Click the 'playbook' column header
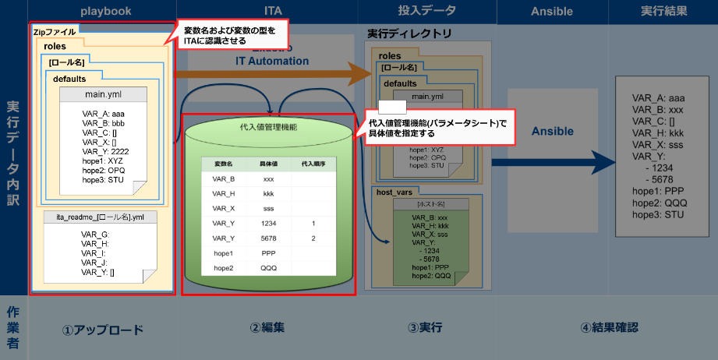[105, 12]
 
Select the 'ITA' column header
[273, 12]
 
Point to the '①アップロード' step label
[103, 329]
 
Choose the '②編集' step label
[267, 328]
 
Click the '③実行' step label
[424, 328]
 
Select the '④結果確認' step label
[609, 328]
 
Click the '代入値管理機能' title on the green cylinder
[268, 126]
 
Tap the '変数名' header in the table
[224, 164]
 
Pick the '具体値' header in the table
[268, 164]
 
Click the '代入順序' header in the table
[313, 164]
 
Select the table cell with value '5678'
[268, 238]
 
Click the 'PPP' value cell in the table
[268, 252]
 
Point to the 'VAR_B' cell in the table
[224, 178]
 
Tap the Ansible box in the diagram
[552, 132]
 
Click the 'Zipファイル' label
[55, 32]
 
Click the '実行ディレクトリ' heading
[409, 36]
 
